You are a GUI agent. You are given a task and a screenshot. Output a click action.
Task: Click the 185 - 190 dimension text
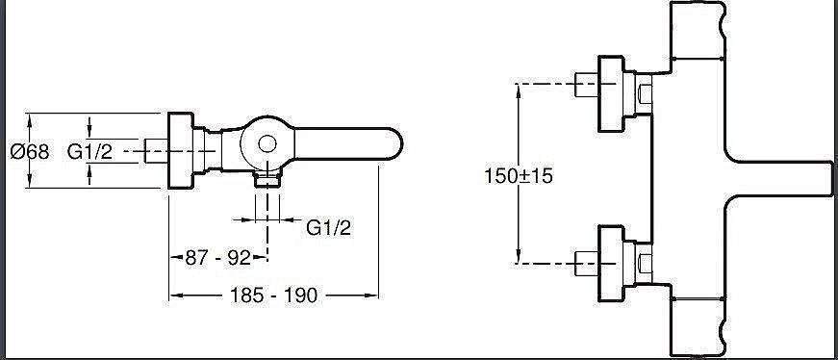click(x=273, y=296)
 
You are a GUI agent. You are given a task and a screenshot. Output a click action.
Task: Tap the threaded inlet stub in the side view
click(x=155, y=151)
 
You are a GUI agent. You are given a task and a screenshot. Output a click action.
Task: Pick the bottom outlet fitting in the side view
click(x=267, y=179)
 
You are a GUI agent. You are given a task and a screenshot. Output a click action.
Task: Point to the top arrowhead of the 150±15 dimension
click(x=520, y=89)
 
